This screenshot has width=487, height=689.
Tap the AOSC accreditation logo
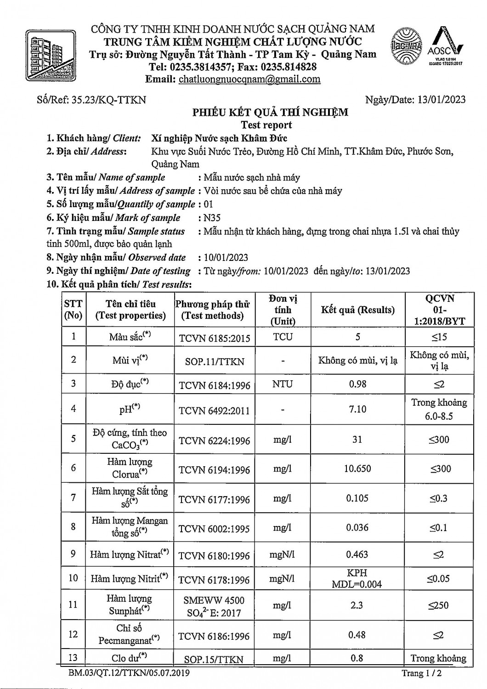pos(445,46)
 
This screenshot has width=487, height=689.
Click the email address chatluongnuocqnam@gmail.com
pos(249,79)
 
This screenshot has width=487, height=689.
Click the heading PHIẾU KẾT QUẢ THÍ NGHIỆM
pos(270,113)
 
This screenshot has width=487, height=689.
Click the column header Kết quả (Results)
pos(357,310)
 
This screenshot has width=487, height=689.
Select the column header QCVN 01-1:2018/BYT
pos(439,310)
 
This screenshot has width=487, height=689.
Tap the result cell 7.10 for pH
pos(357,409)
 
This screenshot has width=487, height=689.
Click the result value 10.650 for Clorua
pos(357,469)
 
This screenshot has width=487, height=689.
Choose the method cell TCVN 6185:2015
pos(215,339)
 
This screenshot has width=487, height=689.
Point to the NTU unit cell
pos(283,384)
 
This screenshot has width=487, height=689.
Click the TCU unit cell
pos(283,337)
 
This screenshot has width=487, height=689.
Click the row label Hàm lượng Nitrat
pos(130,554)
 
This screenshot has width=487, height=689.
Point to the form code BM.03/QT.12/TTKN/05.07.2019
pos(129,673)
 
